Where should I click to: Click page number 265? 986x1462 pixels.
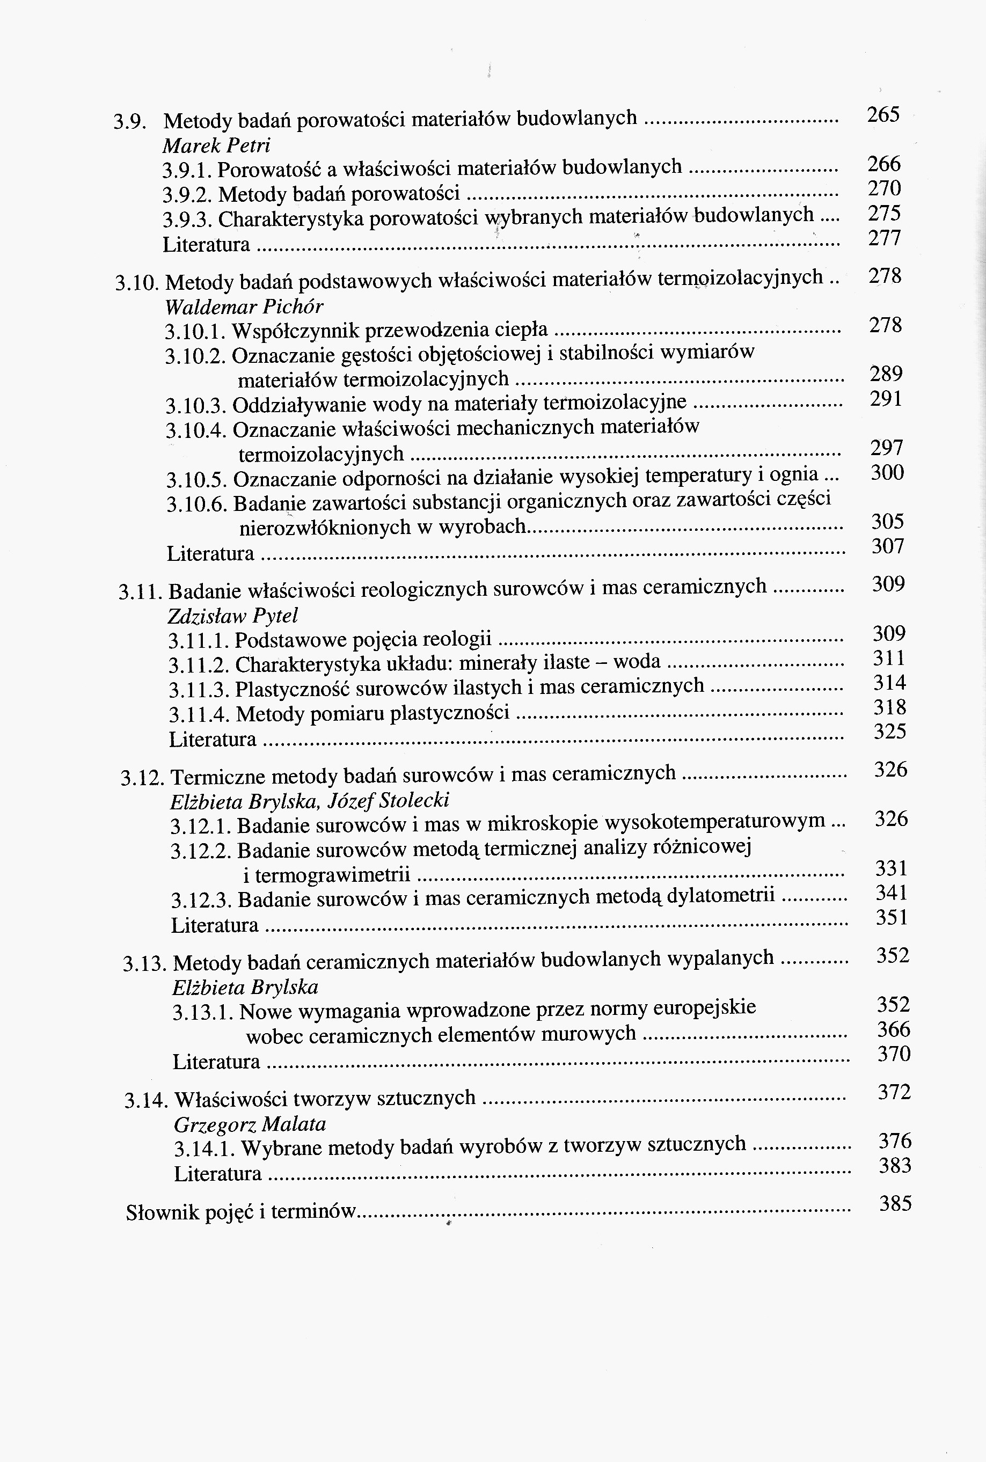click(x=883, y=115)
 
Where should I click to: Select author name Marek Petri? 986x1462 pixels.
click(x=216, y=146)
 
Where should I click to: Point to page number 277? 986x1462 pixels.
click(x=884, y=238)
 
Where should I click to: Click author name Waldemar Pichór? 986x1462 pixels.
click(x=244, y=307)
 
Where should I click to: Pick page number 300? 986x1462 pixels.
click(x=887, y=473)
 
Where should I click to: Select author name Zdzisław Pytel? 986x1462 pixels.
click(x=232, y=615)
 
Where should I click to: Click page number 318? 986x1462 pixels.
click(x=889, y=707)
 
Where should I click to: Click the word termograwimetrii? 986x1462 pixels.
click(x=333, y=875)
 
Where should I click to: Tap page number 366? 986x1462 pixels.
click(x=894, y=1029)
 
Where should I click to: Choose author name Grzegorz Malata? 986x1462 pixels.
click(x=250, y=1124)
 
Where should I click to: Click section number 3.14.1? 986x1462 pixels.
click(x=204, y=1150)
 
